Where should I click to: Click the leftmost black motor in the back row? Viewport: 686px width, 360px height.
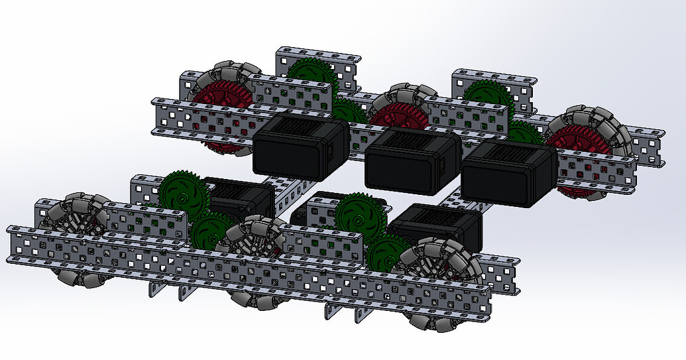300,147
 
